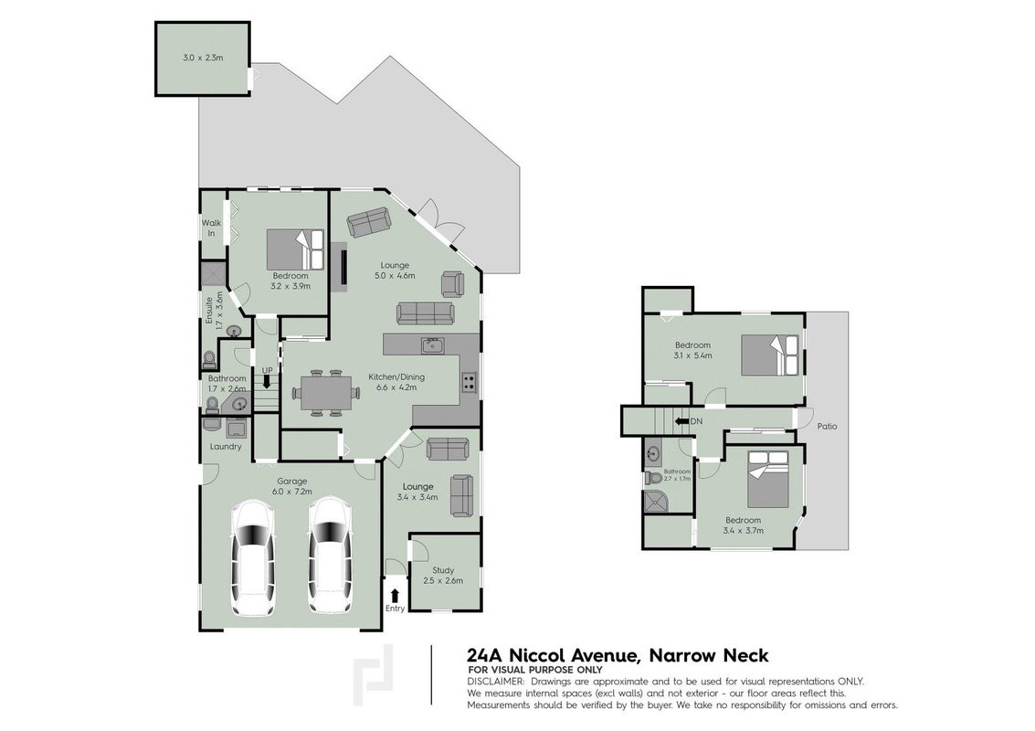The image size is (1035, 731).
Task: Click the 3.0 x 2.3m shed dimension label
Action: pos(203,58)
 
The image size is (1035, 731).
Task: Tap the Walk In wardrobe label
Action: pos(211,228)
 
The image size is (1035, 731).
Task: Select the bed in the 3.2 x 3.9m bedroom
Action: pos(296,249)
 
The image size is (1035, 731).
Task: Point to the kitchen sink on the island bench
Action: pos(433,344)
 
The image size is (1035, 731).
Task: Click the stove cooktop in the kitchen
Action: pos(470,382)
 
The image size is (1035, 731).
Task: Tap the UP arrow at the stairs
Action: pos(267,381)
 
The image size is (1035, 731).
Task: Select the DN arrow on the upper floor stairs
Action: pos(680,421)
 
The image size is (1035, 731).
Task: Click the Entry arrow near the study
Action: pos(395,595)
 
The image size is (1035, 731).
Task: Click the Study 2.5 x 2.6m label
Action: pos(443,576)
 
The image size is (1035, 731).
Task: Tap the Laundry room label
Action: pos(225,447)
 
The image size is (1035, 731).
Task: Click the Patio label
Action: pos(827,426)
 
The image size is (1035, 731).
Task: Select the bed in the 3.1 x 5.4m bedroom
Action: pos(770,355)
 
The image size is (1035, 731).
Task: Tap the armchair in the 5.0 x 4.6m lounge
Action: pos(453,283)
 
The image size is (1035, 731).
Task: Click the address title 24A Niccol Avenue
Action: pos(552,655)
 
